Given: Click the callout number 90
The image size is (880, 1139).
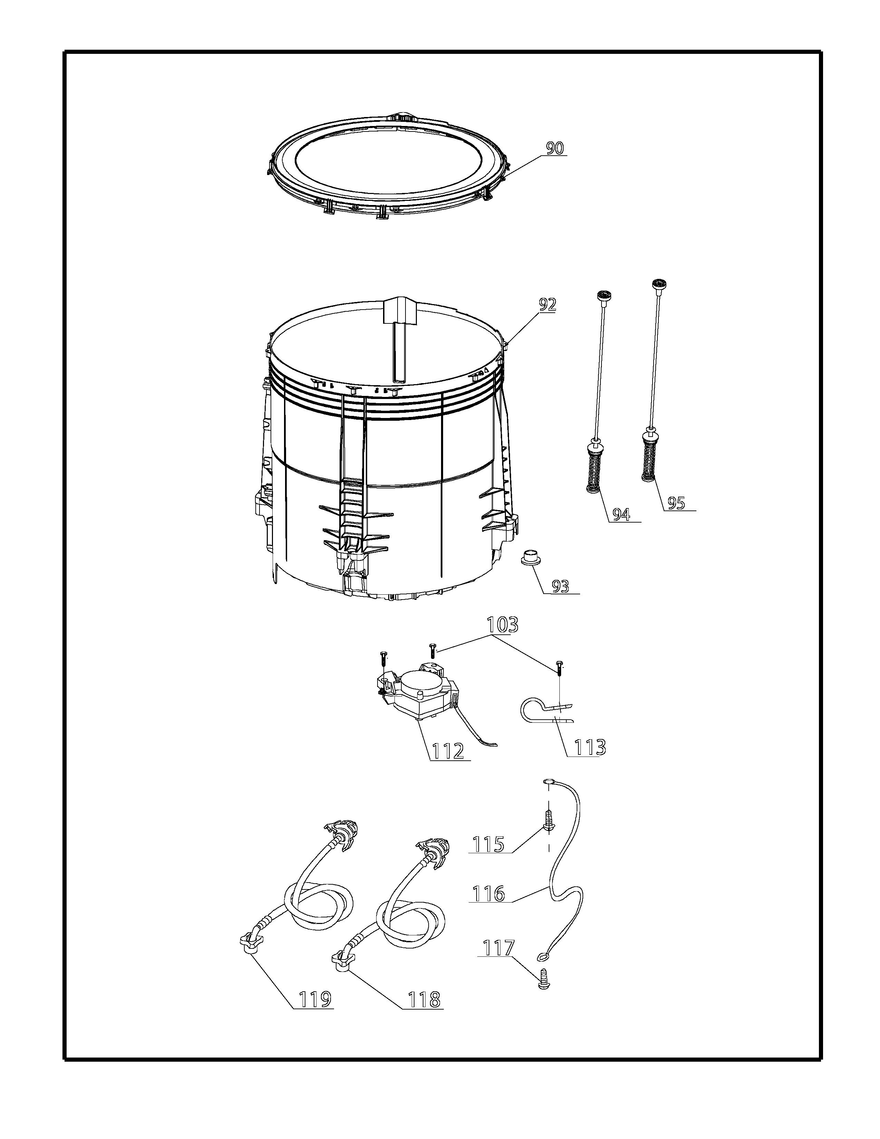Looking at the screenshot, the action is click(x=555, y=149).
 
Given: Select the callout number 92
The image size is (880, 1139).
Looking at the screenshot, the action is click(x=547, y=304).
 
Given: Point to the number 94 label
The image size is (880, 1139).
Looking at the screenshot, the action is click(x=621, y=515).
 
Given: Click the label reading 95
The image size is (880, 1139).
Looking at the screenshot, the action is click(x=676, y=503).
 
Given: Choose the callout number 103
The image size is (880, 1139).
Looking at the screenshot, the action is click(x=502, y=625).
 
